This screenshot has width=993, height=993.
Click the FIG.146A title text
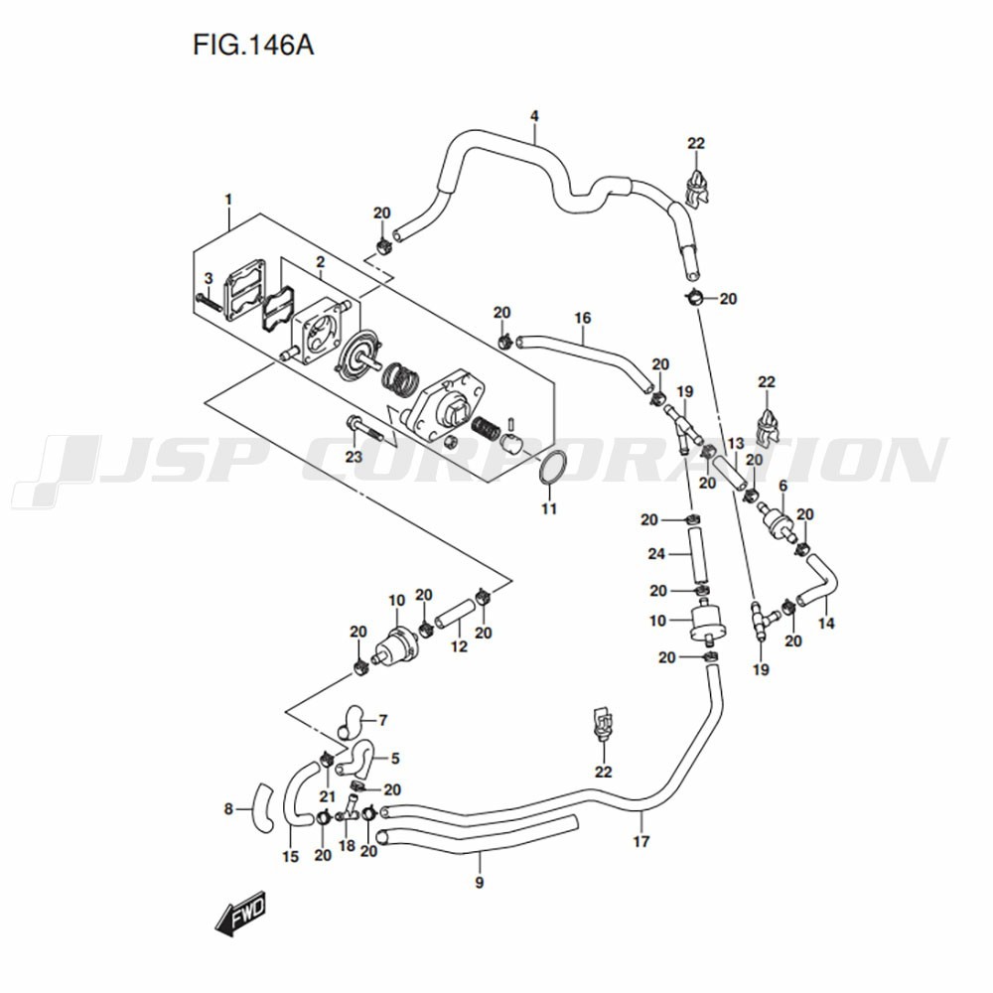pyautogui.click(x=253, y=46)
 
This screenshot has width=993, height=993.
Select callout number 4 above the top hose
pyautogui.click(x=534, y=116)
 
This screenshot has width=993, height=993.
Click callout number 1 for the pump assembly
pyautogui.click(x=228, y=200)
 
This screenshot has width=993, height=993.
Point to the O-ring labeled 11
pyautogui.click(x=550, y=470)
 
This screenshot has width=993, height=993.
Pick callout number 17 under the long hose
pyautogui.click(x=641, y=841)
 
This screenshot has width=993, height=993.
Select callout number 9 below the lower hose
pyautogui.click(x=479, y=882)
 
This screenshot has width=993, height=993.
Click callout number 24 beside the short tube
pyautogui.click(x=656, y=554)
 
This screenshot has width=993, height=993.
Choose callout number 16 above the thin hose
pyautogui.click(x=583, y=318)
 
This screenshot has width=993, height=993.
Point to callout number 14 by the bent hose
pyautogui.click(x=826, y=624)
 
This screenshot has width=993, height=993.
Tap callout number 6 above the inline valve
pyautogui.click(x=782, y=486)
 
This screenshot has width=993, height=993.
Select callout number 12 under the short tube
pyautogui.click(x=459, y=646)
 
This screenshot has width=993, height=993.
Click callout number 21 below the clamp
pyautogui.click(x=327, y=796)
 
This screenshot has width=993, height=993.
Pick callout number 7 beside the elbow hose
pyautogui.click(x=382, y=720)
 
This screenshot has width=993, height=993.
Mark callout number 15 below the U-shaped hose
pyautogui.click(x=290, y=857)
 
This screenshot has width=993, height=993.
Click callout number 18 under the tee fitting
pyautogui.click(x=347, y=845)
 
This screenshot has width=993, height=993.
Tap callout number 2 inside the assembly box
pyautogui.click(x=321, y=261)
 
